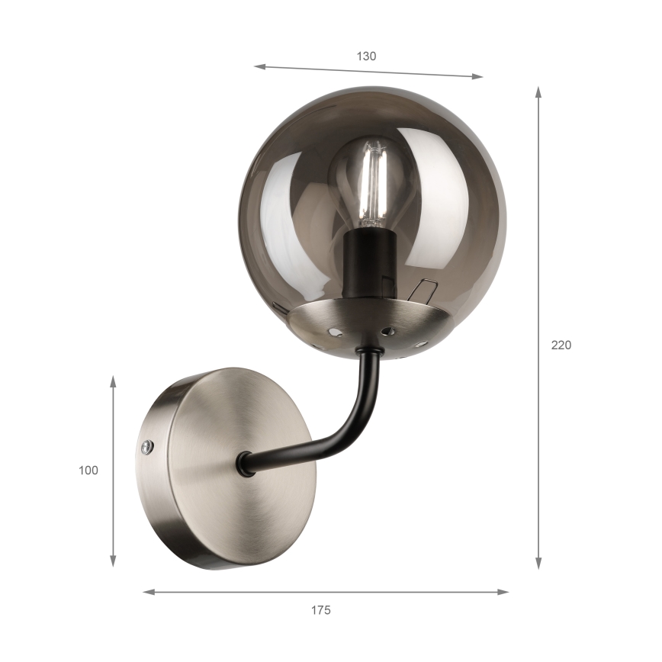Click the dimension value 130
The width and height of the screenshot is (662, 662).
point(366,56)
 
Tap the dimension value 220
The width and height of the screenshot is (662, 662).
point(561,345)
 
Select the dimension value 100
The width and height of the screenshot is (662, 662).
point(88,471)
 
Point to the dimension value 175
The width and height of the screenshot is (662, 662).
point(320,610)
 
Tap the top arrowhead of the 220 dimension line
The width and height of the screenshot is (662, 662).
point(538,92)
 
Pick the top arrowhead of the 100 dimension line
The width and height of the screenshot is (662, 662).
point(113,381)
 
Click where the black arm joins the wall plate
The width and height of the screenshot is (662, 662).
point(245,463)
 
